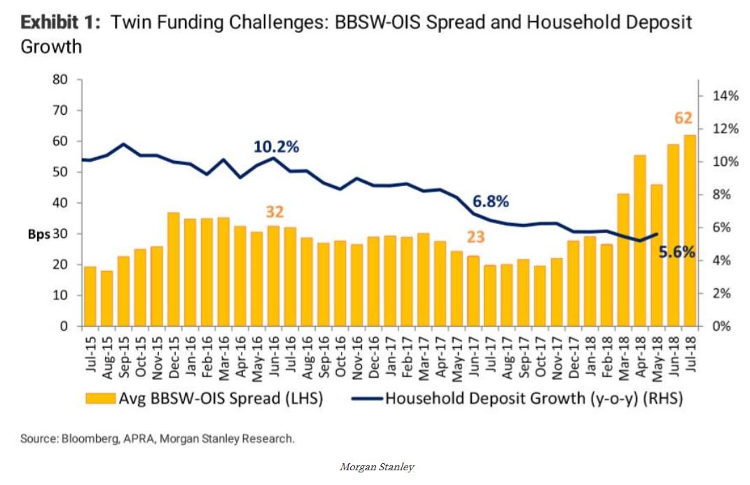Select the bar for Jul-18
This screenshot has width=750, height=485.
[689, 231]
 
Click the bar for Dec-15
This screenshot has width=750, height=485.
[173, 269]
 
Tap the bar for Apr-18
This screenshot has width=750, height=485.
[639, 241]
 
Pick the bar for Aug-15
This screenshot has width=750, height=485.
[106, 298]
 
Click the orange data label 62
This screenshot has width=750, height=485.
[683, 118]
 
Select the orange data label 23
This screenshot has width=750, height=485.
[475, 237]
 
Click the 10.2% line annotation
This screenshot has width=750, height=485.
[276, 147]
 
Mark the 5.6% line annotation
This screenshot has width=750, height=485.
[676, 253]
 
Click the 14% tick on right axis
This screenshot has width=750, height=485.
[725, 96]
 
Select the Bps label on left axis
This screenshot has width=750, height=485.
[39, 234]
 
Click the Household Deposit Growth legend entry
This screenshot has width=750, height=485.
[523, 399]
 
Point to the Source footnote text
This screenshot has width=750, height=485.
[158, 439]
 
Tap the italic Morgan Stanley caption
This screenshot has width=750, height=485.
[376, 467]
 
